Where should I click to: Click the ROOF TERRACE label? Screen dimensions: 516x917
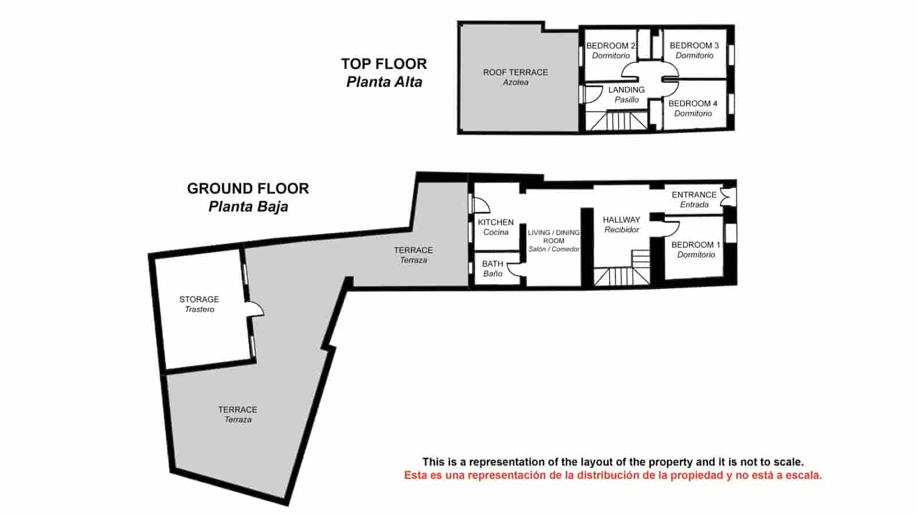515,73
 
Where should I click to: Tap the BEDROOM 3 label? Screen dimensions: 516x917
694,46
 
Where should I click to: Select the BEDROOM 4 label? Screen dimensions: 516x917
692,104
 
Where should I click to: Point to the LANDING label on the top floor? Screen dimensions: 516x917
626,90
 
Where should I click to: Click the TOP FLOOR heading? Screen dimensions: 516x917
384,64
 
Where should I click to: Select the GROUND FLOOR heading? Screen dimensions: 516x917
248,189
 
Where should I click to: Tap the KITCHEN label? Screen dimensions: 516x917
496,222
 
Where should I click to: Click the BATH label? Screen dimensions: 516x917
492,264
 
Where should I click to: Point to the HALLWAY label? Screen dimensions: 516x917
621,220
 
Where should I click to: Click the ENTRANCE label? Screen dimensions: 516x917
694,195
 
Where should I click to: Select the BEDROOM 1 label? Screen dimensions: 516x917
696,245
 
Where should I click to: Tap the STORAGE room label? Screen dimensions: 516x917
199,300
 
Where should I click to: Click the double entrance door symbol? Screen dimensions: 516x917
726,197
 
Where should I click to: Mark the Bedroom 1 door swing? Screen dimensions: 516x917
672,227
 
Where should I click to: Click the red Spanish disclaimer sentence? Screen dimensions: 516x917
613,475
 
